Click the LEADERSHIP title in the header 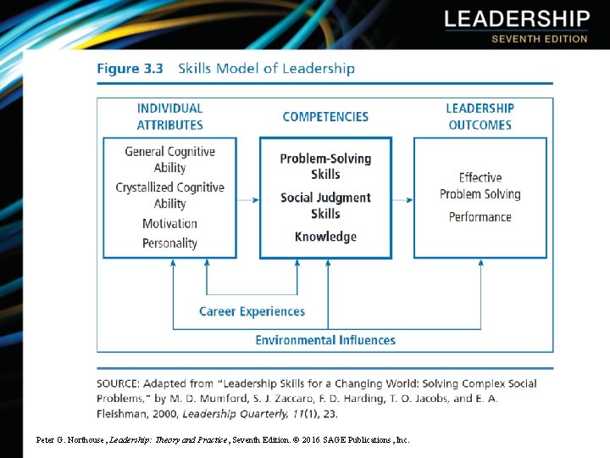point(516,20)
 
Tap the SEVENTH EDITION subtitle point(539,39)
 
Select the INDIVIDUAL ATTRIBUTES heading point(169,116)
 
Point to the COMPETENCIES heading point(325,116)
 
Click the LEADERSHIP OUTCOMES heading point(480,116)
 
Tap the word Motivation point(169,224)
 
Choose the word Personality point(169,243)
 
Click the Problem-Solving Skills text point(325,166)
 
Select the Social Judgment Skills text point(325,205)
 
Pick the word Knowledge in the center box point(325,237)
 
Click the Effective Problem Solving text point(480,186)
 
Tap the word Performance point(480,217)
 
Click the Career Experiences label point(252,311)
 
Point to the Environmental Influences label point(325,340)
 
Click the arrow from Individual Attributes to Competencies point(248,200)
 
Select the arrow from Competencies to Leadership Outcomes point(402,200)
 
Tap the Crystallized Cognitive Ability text point(169,195)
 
